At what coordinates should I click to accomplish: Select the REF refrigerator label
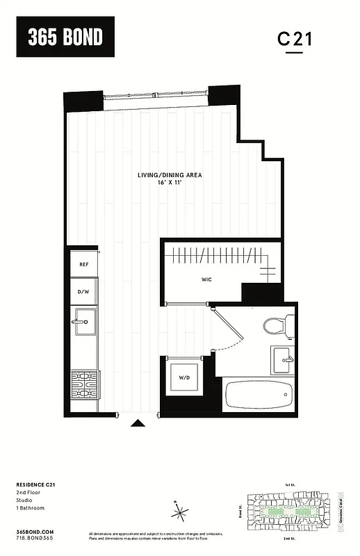pos(83,265)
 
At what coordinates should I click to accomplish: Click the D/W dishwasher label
pos(83,292)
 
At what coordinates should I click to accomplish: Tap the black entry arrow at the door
pos(139,422)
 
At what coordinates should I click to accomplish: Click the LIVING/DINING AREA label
pos(170,176)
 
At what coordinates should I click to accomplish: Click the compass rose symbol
pos(181,514)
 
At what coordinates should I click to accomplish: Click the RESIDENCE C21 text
pos(36,484)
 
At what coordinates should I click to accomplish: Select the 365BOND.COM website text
pos(34,531)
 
